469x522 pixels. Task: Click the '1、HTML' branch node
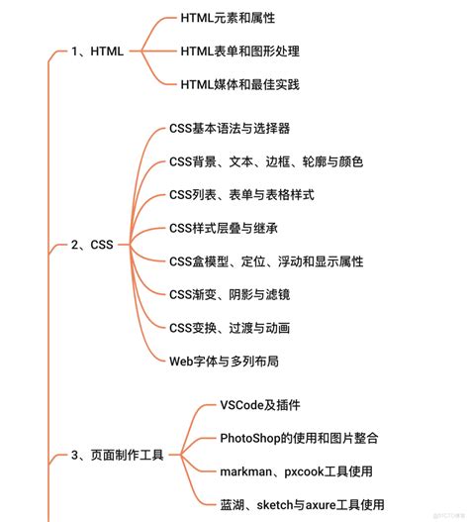(98, 52)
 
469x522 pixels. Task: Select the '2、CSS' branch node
(93, 244)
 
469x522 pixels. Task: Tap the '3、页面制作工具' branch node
(117, 456)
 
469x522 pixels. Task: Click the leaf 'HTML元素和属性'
(228, 18)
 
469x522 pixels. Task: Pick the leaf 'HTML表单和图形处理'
(239, 51)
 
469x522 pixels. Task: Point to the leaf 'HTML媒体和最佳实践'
(239, 84)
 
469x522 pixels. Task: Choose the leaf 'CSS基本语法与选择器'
(229, 128)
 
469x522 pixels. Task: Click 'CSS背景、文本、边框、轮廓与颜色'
(265, 161)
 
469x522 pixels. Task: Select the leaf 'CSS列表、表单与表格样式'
(241, 194)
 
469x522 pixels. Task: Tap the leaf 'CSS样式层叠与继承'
(222, 228)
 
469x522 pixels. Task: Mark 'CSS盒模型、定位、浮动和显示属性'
(266, 261)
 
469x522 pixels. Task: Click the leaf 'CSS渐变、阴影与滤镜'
(229, 294)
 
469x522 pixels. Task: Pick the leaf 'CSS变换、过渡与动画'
(229, 327)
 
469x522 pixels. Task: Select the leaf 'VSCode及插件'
(259, 404)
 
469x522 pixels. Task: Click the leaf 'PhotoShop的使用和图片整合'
(299, 438)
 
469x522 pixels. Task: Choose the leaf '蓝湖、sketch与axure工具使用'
(302, 504)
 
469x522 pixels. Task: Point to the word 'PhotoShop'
(252, 438)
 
